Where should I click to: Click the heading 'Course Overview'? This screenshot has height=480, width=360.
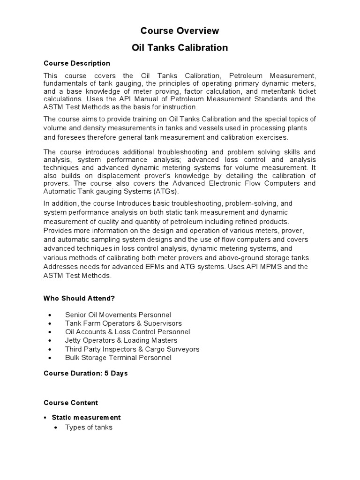click(x=180, y=31)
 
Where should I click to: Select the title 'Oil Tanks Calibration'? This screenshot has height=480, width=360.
click(x=180, y=48)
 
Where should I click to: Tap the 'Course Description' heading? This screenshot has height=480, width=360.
click(x=77, y=63)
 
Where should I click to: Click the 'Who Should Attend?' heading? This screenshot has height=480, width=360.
click(x=79, y=298)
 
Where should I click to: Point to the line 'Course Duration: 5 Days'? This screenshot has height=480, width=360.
click(x=86, y=374)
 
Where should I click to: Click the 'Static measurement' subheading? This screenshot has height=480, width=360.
click(x=86, y=417)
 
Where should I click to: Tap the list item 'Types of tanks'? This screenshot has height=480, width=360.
click(x=89, y=427)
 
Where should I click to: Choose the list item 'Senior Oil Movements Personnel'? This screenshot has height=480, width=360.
click(x=118, y=315)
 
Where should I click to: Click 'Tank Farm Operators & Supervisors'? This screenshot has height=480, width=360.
click(x=123, y=323)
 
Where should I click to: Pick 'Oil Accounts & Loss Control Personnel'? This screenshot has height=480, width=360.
click(x=127, y=332)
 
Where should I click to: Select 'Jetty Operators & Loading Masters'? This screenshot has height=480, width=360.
click(x=121, y=340)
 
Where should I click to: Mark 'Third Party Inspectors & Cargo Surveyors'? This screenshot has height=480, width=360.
click(x=132, y=349)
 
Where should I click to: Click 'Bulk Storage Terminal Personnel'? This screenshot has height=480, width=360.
click(x=118, y=358)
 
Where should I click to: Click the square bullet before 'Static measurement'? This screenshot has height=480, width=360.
click(x=45, y=418)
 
